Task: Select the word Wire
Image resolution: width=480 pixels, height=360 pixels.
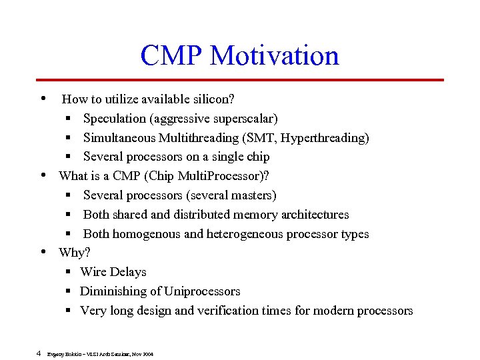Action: tap(93, 272)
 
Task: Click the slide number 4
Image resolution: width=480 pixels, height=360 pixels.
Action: tap(39, 353)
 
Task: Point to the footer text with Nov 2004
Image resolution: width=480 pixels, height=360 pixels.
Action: tap(101, 354)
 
